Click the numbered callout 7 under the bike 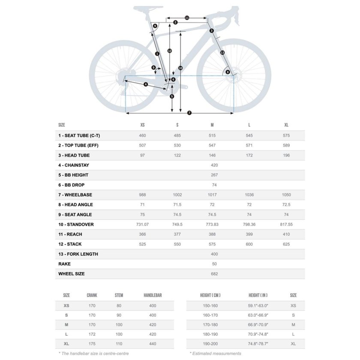pos(189,113)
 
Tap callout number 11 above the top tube pos(187,18)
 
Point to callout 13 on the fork pos(222,52)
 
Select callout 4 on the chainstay pos(146,84)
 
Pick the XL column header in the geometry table pos(286,125)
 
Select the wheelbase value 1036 pos(249,195)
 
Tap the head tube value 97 pos(142,155)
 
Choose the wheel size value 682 pos(214,273)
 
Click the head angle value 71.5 pos(177,204)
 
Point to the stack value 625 pos(286,244)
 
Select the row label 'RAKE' pos(65,264)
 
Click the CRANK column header pos(92,295)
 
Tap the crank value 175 pos(92,344)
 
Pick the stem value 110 pos(119,344)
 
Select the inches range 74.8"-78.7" pos(258,344)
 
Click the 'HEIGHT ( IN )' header pos(258,295)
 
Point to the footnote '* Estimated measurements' pos(216,354)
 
